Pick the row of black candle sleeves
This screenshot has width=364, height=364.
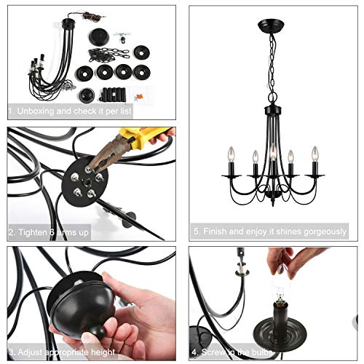tap(114, 93)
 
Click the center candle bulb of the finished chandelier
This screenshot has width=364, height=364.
tap(272, 154)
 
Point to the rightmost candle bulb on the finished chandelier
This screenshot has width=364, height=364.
tap(315, 154)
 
